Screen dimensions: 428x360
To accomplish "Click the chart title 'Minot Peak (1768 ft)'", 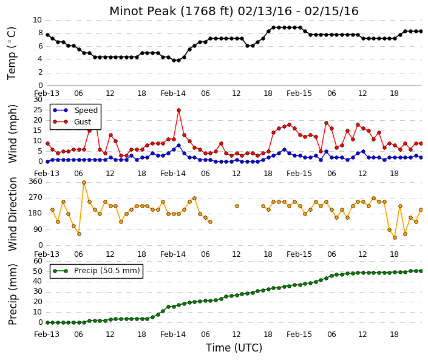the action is click(x=172, y=12).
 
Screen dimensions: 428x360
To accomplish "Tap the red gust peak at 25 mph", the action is click(x=178, y=110).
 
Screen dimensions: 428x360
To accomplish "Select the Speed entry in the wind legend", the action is click(x=75, y=110).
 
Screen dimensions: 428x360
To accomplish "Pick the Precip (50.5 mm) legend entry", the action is click(x=97, y=271).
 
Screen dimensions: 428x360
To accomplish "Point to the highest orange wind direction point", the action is click(x=84, y=183).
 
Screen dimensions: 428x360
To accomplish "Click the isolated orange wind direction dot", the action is click(x=237, y=206).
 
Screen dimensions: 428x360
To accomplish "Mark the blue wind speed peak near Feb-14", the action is click(x=178, y=146).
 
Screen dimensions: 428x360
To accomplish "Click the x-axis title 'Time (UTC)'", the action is click(x=234, y=348).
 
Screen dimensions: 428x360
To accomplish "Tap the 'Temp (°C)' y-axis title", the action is click(x=12, y=53).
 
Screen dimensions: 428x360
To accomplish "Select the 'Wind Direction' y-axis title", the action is click(x=13, y=214).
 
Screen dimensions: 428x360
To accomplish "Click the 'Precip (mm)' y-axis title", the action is click(x=13, y=294).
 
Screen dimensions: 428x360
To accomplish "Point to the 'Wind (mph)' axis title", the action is click(x=13, y=134).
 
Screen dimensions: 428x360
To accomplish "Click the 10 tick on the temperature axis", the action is click(x=38, y=20).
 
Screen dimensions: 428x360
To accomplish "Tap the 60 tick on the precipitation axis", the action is click(x=38, y=261).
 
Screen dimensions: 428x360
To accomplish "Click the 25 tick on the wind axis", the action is click(x=38, y=110).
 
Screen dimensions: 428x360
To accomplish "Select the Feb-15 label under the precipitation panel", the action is click(x=299, y=335).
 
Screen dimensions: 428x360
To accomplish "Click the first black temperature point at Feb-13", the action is click(x=48, y=35).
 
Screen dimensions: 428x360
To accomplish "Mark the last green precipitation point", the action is click(x=421, y=271).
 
